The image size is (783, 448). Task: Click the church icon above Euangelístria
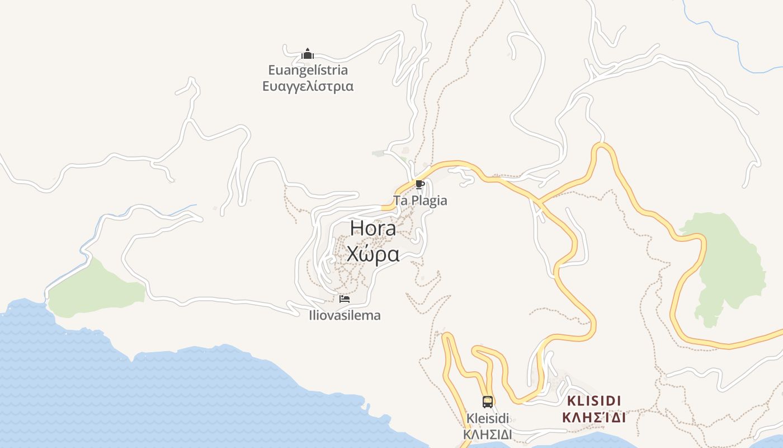[x=308, y=54]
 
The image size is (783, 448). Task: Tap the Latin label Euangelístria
[x=308, y=70]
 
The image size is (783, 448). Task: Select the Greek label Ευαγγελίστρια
[x=308, y=86]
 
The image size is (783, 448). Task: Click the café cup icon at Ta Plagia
[x=419, y=185]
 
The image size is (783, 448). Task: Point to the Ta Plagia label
[x=420, y=200]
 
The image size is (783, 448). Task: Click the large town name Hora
[x=373, y=228]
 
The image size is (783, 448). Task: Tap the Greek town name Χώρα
[x=373, y=254]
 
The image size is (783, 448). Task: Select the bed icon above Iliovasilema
[x=345, y=299]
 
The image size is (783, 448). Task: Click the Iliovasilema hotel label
[x=345, y=315]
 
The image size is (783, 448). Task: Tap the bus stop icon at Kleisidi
[x=488, y=402]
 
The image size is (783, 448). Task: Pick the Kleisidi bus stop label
[x=488, y=418]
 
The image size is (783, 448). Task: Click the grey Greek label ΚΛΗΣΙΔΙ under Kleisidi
[x=488, y=435]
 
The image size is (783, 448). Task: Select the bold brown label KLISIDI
[x=594, y=401]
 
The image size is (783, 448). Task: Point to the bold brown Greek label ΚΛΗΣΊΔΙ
[x=594, y=418]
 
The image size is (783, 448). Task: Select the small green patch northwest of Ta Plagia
[x=381, y=153]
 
